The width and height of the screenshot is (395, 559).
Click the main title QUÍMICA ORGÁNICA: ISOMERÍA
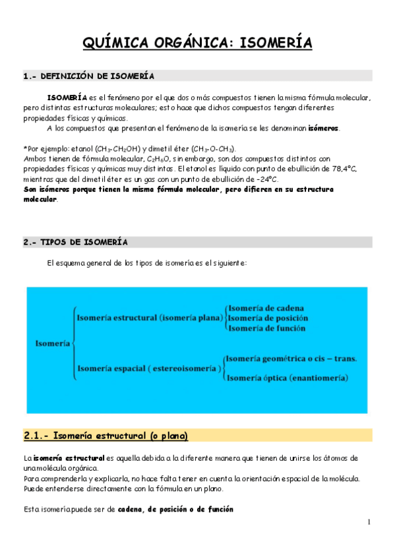(x=197, y=44)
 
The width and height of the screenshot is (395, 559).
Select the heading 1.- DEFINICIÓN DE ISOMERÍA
(x=89, y=76)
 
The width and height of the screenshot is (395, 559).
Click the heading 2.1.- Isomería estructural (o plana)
(x=106, y=436)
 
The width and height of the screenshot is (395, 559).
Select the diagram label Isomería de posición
(x=268, y=318)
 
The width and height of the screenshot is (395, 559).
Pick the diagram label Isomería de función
(x=267, y=328)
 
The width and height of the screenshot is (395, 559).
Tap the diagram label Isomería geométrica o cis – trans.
(x=291, y=359)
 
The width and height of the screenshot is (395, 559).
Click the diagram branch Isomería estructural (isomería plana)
(x=150, y=318)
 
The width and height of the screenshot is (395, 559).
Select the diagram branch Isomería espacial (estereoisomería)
(x=148, y=368)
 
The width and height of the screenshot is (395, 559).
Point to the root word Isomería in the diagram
(x=53, y=343)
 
